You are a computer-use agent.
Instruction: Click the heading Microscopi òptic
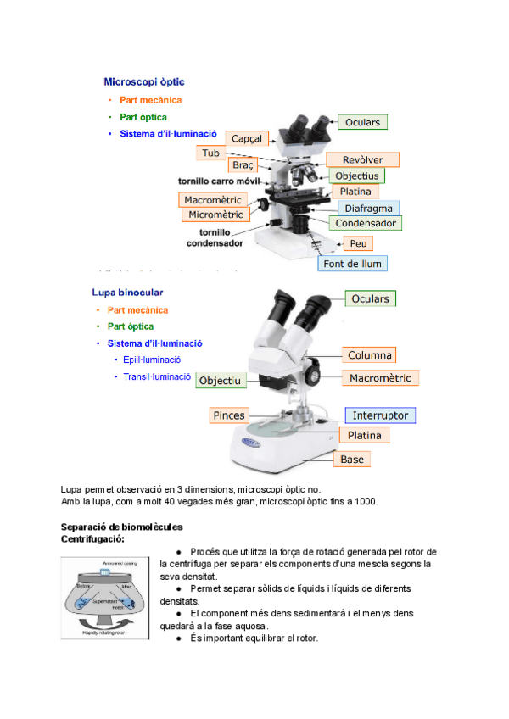click(x=143, y=82)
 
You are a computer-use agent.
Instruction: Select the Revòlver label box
click(x=362, y=159)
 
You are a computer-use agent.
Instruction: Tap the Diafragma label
click(x=369, y=208)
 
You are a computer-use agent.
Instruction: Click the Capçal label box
click(x=245, y=138)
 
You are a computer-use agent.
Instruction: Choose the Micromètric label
click(x=215, y=215)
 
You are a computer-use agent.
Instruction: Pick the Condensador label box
click(x=366, y=223)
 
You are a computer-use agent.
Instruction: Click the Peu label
click(x=360, y=243)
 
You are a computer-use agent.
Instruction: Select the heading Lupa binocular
click(x=127, y=293)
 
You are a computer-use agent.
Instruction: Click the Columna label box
click(x=371, y=355)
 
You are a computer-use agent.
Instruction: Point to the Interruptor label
click(x=380, y=415)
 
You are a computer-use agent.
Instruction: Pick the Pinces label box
click(x=229, y=415)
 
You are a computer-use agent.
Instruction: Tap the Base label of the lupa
click(x=352, y=459)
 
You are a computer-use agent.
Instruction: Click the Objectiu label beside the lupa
click(x=220, y=382)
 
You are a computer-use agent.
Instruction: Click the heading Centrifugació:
click(x=93, y=539)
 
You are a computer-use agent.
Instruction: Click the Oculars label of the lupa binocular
click(x=371, y=298)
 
